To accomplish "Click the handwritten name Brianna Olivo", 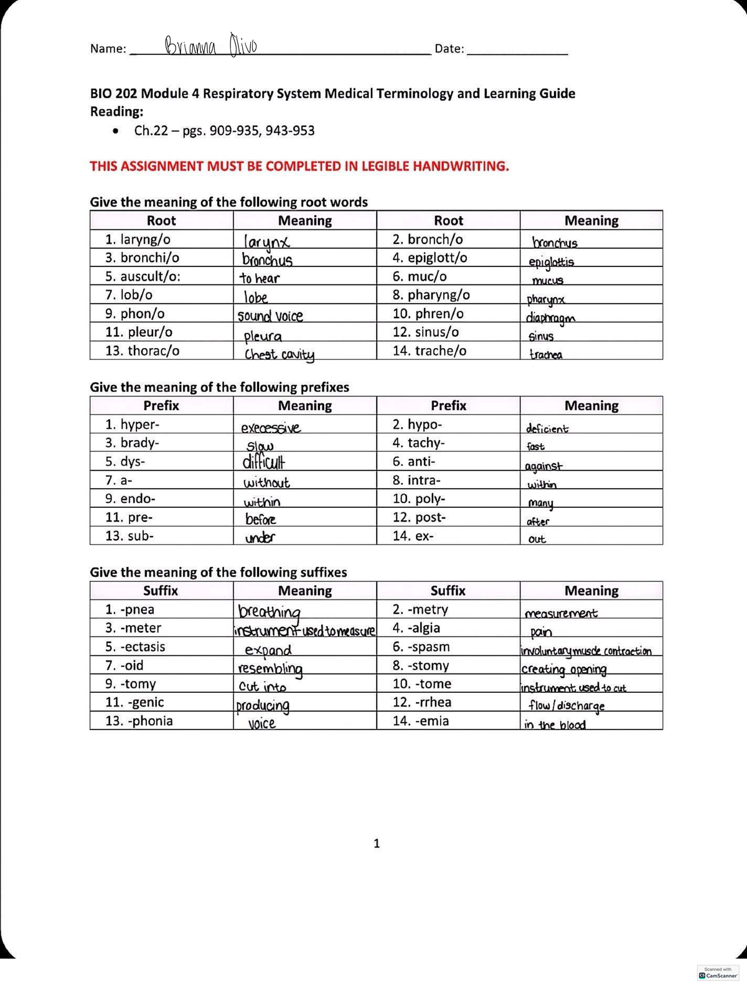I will pyautogui.click(x=210, y=45).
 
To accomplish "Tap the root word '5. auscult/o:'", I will pyautogui.click(x=143, y=276).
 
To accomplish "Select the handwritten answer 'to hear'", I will pyautogui.click(x=260, y=278).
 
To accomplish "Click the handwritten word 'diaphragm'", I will pyautogui.click(x=550, y=317).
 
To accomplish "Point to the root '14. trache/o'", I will pyautogui.click(x=429, y=351).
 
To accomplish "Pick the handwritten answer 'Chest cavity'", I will pyautogui.click(x=279, y=355).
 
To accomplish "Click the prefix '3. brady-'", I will pyautogui.click(x=132, y=443).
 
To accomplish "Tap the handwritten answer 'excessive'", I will pyautogui.click(x=270, y=428).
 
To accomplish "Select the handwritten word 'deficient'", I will pyautogui.click(x=547, y=429).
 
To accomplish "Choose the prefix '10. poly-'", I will pyautogui.click(x=418, y=499).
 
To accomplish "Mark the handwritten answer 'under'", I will pyautogui.click(x=260, y=537).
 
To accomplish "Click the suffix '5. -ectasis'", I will pyautogui.click(x=135, y=647).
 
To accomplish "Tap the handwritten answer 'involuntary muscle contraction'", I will pyautogui.click(x=586, y=651).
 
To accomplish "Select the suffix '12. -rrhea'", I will pyautogui.click(x=421, y=702).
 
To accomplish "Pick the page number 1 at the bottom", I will pyautogui.click(x=376, y=843).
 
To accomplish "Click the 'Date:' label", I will pyautogui.click(x=449, y=49).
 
